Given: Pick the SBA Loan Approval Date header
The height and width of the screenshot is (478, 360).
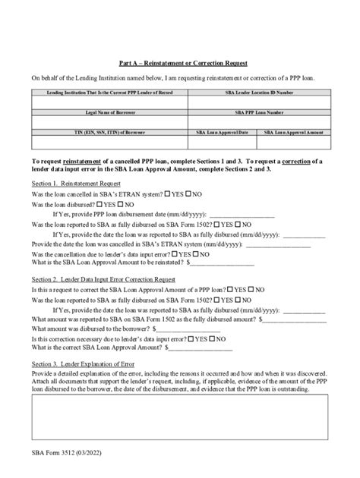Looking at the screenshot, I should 222,132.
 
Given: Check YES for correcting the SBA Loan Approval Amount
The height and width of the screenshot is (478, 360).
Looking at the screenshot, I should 229,290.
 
